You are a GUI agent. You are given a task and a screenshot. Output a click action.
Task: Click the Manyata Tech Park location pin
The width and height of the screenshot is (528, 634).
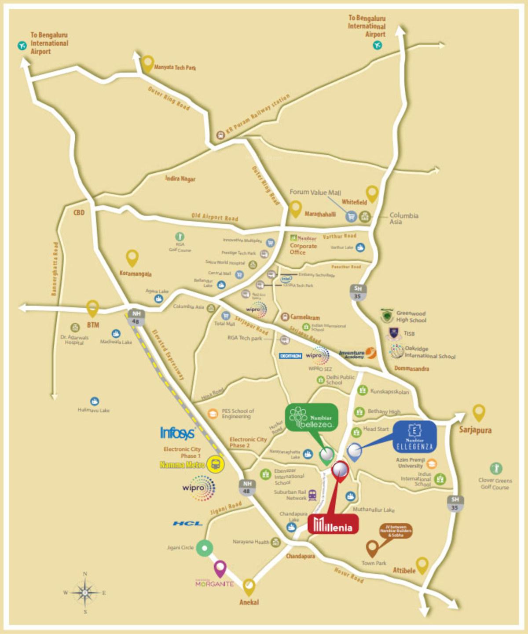pyautogui.click(x=147, y=62)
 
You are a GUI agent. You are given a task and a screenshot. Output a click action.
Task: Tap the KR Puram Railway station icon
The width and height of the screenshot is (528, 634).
pyautogui.click(x=220, y=135)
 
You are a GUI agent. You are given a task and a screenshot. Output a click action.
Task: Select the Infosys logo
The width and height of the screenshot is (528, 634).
pyautogui.click(x=177, y=433)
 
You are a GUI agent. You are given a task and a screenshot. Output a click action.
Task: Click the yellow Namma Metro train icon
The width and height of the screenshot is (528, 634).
pyautogui.click(x=215, y=464)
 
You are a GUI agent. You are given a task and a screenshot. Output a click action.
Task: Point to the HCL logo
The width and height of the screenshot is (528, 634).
pyautogui.click(x=187, y=523)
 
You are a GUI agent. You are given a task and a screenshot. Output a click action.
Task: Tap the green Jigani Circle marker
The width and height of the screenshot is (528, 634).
pyautogui.click(x=204, y=548)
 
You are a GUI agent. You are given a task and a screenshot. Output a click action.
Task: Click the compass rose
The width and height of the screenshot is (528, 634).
pyautogui.click(x=85, y=593)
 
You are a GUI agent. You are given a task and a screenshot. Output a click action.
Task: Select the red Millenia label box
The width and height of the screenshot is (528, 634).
pyautogui.click(x=333, y=524)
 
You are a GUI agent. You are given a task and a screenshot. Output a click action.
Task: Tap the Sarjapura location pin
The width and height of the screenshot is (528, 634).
pyautogui.click(x=478, y=413)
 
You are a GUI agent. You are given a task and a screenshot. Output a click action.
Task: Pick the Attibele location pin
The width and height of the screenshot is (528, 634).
pyautogui.click(x=422, y=565)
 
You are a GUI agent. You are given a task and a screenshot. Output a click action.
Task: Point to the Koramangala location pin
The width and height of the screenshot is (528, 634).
pyautogui.click(x=132, y=258)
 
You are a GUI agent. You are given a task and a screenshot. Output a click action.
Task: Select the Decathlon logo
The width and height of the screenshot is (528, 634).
pyautogui.click(x=290, y=356)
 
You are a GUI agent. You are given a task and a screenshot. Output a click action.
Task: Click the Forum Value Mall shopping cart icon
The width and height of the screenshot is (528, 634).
pyautogui.click(x=351, y=216)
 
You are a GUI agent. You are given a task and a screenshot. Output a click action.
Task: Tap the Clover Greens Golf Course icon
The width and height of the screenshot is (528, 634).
pyautogui.click(x=496, y=468)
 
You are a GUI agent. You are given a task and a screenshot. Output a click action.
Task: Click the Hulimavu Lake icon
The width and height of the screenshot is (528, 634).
pyautogui.click(x=94, y=401)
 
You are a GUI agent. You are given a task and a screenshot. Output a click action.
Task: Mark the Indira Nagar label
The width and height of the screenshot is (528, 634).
pyautogui.click(x=180, y=179)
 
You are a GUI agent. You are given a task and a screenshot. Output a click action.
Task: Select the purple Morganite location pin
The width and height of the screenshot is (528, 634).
pyautogui.click(x=220, y=568)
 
